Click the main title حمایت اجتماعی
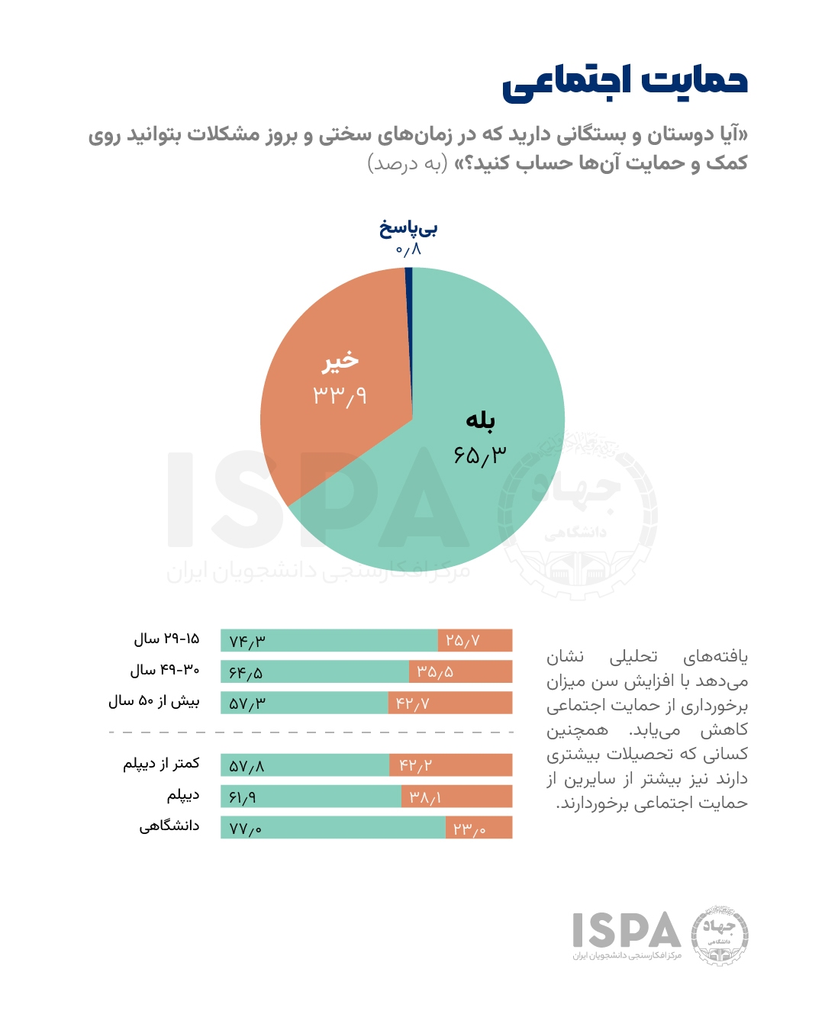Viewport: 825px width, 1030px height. (624, 82)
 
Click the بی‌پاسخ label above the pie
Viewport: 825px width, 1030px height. (408, 227)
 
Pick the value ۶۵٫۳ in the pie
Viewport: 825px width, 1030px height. (479, 455)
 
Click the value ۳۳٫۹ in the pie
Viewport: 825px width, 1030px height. (340, 395)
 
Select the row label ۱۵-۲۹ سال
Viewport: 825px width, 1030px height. (166, 639)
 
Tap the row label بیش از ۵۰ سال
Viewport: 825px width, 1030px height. (153, 701)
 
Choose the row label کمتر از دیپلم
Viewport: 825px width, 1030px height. (161, 764)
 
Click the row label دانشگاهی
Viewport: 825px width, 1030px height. (169, 826)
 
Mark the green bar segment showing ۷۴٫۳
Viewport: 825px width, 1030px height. (329, 640)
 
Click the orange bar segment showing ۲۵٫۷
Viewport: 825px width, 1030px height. (475, 640)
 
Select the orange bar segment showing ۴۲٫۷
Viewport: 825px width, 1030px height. (450, 703)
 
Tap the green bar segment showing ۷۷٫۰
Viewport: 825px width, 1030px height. (333, 827)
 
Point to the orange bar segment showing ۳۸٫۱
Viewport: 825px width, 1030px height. (456, 797)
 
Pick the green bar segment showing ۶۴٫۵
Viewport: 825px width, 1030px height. (314, 671)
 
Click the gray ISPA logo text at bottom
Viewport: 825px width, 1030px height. (627, 930)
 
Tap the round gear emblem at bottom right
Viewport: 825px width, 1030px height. (719, 935)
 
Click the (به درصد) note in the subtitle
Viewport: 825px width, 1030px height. (407, 163)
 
